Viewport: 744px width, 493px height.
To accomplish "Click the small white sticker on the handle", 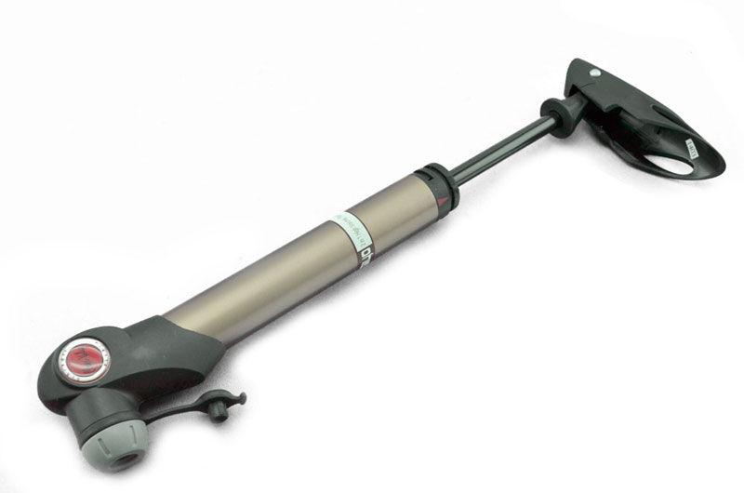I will pyautogui.click(x=692, y=146).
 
